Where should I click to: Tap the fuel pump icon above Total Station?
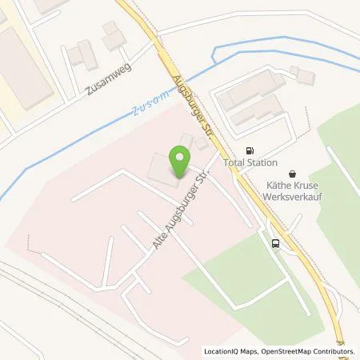click(x=251, y=150)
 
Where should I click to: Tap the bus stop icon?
click(x=276, y=244)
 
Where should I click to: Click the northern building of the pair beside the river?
click(x=250, y=90)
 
